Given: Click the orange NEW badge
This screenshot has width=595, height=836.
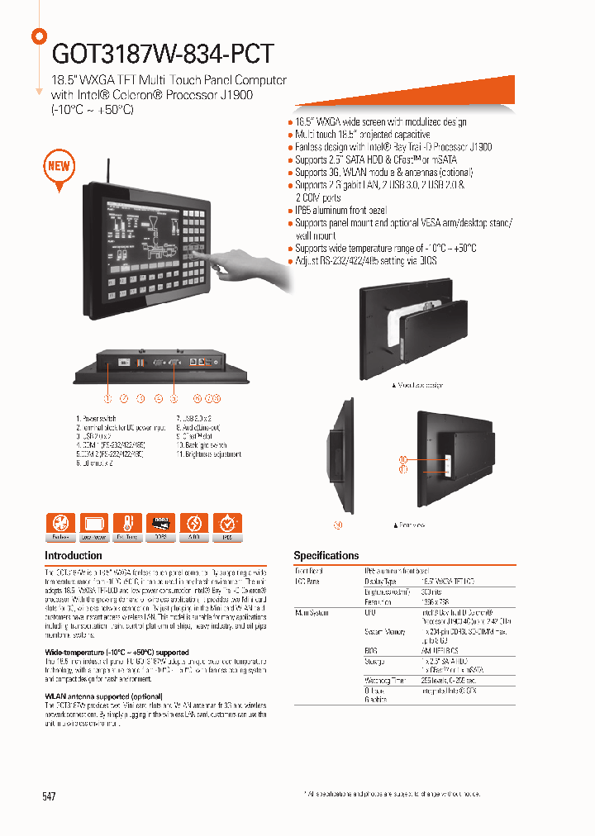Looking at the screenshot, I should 59,166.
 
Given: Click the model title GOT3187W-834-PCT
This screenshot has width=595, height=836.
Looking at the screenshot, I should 162,53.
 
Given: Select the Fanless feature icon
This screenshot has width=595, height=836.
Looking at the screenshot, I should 59,525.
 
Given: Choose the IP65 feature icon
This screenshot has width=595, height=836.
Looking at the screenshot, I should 227,525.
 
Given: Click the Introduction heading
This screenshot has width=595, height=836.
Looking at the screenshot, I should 74,556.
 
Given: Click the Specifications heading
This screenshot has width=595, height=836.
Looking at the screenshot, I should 326,556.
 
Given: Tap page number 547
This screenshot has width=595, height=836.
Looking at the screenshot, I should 50,796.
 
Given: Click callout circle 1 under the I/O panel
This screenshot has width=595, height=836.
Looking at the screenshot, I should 107,399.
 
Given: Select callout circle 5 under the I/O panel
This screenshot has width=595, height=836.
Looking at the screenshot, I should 174,399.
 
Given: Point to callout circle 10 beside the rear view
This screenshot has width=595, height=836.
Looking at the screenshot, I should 403,459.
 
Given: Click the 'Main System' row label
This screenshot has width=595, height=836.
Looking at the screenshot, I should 312,613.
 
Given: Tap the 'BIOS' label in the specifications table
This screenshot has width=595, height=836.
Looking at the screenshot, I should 372,651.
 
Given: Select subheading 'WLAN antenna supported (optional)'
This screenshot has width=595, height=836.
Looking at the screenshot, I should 103,696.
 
